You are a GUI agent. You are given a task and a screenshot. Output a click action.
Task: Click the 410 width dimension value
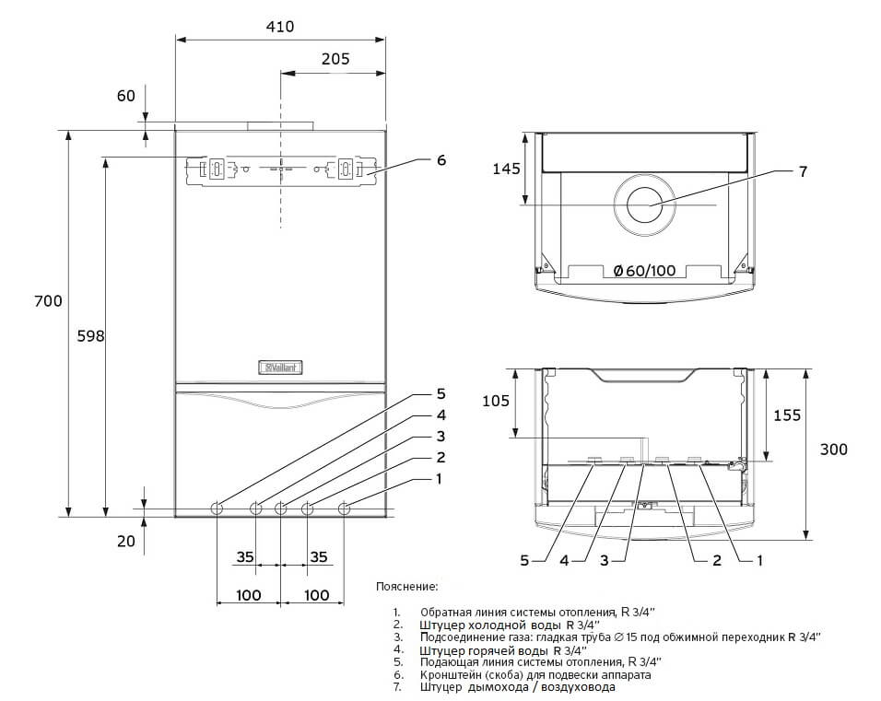pyautogui.click(x=280, y=27)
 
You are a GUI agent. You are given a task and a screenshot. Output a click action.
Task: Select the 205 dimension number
pyautogui.click(x=335, y=58)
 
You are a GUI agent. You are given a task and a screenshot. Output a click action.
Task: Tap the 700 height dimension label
pyautogui.click(x=48, y=301)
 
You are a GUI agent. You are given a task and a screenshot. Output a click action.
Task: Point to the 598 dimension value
pyautogui.click(x=90, y=336)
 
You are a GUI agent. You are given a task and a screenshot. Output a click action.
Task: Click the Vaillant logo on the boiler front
pyautogui.click(x=283, y=368)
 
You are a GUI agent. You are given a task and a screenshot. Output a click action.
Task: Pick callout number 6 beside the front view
pyautogui.click(x=440, y=159)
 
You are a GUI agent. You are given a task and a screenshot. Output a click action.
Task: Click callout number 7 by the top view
pyautogui.click(x=802, y=171)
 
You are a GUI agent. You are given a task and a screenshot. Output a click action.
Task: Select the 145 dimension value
pyautogui.click(x=506, y=169)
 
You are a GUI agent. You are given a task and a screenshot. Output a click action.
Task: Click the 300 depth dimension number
pyautogui.click(x=834, y=450)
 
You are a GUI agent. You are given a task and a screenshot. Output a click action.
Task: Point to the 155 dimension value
pyautogui.click(x=786, y=415)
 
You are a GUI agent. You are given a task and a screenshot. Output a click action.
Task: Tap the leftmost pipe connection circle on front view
pyautogui.click(x=217, y=508)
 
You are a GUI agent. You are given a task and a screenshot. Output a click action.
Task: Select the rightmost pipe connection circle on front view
pyautogui.click(x=345, y=508)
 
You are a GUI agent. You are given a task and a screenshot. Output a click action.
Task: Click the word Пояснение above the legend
pyautogui.click(x=406, y=586)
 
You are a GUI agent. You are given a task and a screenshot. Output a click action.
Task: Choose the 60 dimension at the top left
pyautogui.click(x=126, y=95)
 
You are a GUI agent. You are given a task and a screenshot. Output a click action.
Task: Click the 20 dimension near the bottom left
pyautogui.click(x=126, y=541)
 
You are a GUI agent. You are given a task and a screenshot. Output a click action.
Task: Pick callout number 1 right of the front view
pyautogui.click(x=440, y=478)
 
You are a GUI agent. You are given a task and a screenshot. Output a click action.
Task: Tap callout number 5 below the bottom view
pyautogui.click(x=524, y=559)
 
